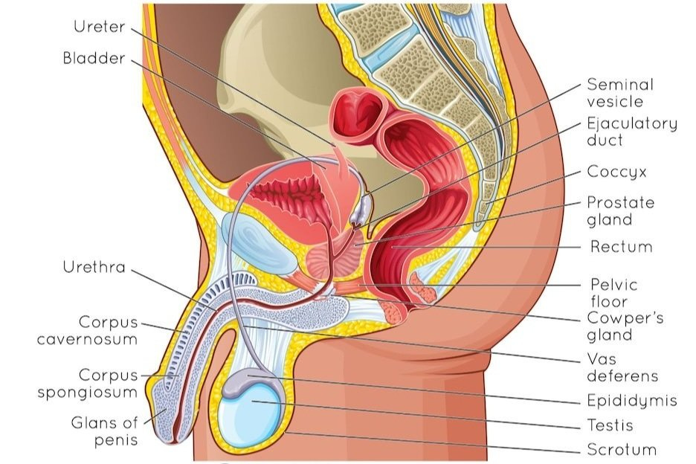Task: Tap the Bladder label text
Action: pos(94,59)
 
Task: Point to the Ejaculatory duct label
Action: pos(631,132)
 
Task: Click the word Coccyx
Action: pos(616,172)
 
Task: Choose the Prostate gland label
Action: pos(620,211)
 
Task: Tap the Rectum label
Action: pos(621,246)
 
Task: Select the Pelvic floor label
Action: pos(613,293)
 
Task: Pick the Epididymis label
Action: pos(631,401)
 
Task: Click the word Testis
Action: pos(609,425)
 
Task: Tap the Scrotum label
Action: pos(622,450)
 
